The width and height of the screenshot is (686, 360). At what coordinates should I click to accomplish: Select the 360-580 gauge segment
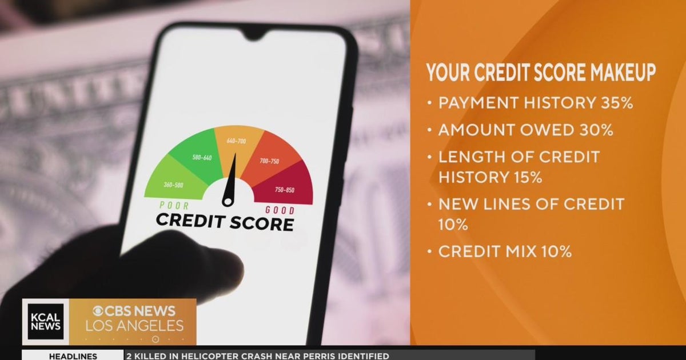[173, 185]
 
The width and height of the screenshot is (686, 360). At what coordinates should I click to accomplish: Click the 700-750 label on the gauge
[269, 161]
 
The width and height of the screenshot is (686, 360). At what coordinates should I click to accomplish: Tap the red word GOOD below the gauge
[280, 210]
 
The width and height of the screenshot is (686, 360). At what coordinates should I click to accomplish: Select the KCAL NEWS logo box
[46, 322]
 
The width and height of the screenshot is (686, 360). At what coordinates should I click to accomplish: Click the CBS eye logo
[99, 311]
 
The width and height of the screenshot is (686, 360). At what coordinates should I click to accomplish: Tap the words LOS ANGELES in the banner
[135, 326]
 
